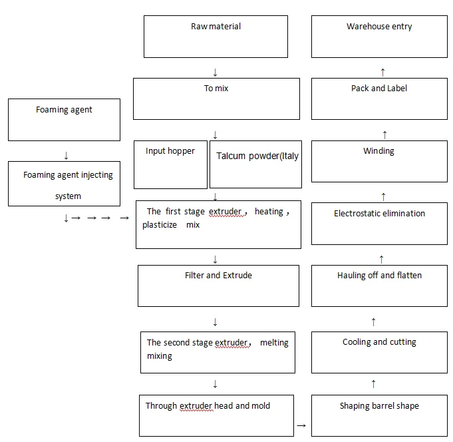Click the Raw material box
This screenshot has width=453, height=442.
tap(216, 37)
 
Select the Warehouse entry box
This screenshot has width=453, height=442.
tap(379, 37)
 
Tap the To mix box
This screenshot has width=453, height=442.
tap(216, 99)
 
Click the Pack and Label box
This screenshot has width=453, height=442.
tap(379, 99)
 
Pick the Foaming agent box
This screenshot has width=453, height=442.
tap(64, 119)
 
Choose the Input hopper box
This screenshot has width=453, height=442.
tap(170, 164)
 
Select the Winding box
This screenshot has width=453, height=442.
tap(379, 160)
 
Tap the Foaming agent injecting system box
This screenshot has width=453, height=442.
tap(64, 184)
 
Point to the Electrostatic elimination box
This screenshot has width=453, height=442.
tap(379, 222)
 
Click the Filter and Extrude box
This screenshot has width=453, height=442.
tap(218, 286)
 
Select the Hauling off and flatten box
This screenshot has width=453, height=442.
tap(379, 286)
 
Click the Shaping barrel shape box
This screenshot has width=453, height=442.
tap(379, 415)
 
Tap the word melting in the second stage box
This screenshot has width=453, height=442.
tap(273, 342)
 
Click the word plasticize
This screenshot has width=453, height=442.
tap(159, 225)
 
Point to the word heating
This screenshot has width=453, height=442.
tap(269, 212)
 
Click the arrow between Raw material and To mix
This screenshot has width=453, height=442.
tap(215, 72)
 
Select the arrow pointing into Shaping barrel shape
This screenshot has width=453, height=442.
tap(301, 425)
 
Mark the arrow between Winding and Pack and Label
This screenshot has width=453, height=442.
tap(383, 134)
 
